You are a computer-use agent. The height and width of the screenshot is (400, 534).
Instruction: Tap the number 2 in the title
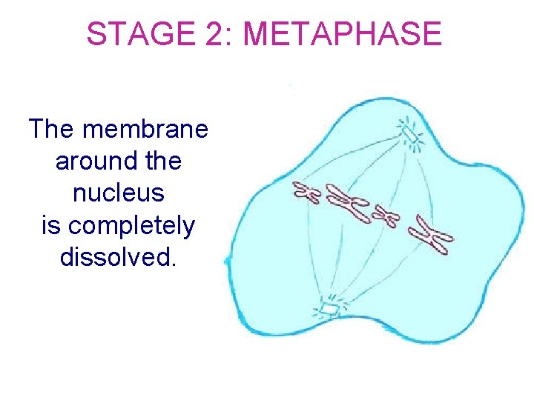[210, 33]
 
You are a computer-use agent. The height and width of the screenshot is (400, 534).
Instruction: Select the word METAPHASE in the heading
[342, 33]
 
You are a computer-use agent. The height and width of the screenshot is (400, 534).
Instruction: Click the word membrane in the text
[145, 129]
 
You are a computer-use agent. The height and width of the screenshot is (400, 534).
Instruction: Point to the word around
[88, 161]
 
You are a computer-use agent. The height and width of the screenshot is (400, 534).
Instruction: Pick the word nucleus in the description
[119, 193]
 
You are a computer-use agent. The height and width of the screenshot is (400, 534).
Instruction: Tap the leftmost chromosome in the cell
[306, 193]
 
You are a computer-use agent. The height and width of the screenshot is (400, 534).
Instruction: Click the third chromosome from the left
[386, 217]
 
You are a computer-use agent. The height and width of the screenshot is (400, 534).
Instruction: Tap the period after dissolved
[173, 264]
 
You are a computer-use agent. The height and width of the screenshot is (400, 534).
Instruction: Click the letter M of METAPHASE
[255, 33]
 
